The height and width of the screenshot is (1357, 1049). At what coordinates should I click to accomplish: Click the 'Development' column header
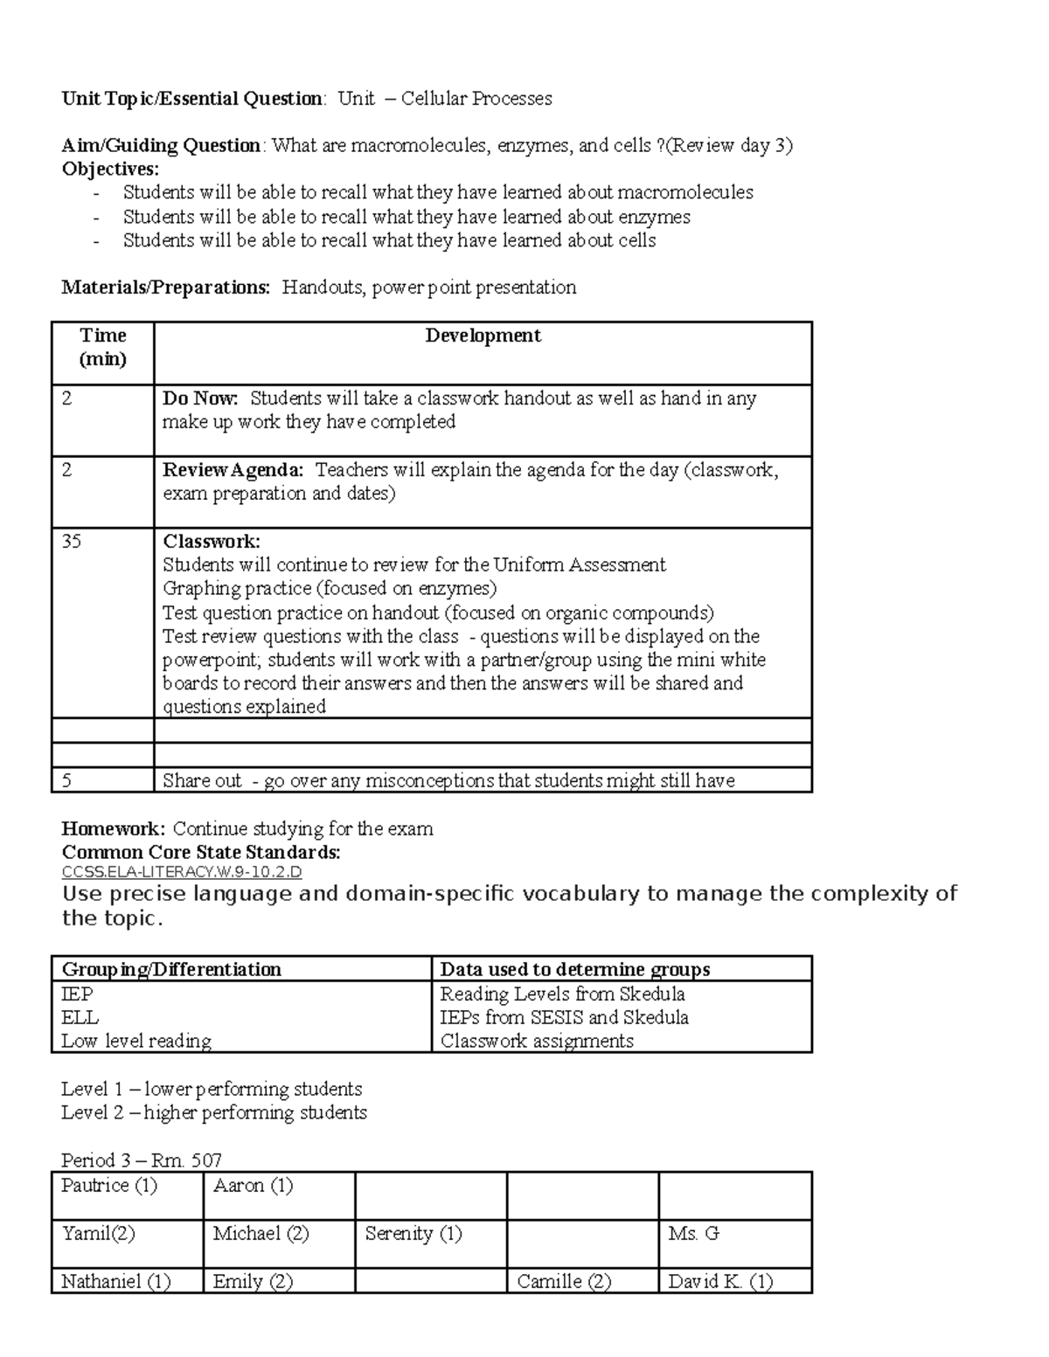[483, 336]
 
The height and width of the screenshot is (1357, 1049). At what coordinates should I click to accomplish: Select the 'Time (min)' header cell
[102, 347]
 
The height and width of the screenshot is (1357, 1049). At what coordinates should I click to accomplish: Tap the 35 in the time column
[72, 542]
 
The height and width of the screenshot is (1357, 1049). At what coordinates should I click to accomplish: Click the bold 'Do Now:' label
[200, 399]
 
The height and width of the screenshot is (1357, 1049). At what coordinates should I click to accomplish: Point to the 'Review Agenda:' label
[233, 471]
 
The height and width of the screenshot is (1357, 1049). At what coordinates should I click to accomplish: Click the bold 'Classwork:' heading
[211, 542]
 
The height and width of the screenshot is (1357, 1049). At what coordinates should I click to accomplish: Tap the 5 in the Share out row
[66, 780]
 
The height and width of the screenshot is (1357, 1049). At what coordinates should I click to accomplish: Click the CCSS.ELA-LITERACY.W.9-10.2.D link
[182, 872]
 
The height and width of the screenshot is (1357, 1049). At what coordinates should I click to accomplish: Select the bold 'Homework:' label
[113, 828]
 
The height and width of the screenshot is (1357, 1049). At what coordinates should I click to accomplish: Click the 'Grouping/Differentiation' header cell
[171, 969]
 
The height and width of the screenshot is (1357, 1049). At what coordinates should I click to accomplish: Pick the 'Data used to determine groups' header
[574, 969]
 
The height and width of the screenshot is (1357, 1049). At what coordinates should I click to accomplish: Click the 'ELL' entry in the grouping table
[80, 1018]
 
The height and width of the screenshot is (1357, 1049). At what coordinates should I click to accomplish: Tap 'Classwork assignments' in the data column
[537, 1042]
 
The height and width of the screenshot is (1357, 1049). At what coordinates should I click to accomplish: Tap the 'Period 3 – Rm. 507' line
[142, 1160]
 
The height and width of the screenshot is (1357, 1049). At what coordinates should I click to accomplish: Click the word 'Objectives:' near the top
[110, 170]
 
